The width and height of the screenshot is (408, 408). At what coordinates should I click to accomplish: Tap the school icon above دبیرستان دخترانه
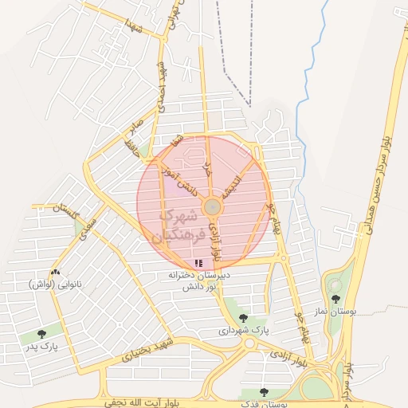198,262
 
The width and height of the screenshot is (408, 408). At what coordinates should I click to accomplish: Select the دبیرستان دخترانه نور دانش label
198,279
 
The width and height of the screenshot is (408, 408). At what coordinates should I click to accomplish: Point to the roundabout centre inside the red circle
212,207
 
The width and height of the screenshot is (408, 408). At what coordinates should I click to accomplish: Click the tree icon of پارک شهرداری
243,318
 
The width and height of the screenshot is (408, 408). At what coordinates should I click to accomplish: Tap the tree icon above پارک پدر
41,334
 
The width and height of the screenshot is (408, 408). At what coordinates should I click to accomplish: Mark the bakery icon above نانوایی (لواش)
54,273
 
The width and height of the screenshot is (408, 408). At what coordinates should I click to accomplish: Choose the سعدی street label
88,226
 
